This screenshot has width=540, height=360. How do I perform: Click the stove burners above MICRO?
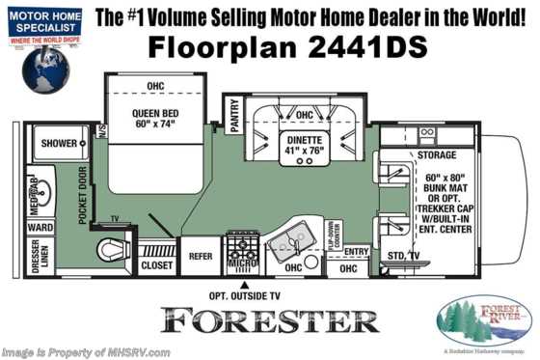(241, 240)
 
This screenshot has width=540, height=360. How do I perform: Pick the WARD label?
(40, 229)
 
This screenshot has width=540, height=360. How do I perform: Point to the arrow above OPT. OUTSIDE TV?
(246, 285)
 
